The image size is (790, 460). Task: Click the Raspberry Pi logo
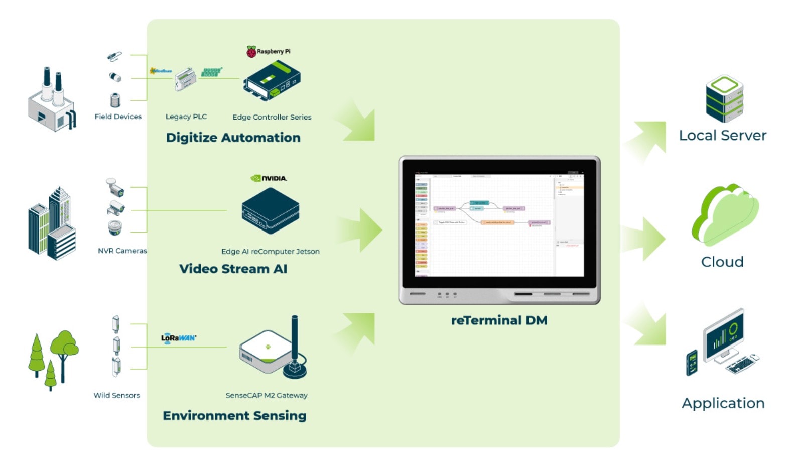[251, 51]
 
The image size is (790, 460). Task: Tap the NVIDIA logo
[269, 178]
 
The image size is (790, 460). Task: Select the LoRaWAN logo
[179, 337]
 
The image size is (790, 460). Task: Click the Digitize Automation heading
[233, 138]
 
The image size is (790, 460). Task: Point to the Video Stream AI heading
[233, 269]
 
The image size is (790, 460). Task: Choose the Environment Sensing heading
[234, 416]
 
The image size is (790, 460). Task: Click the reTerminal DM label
[499, 320]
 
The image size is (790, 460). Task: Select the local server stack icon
[724, 98]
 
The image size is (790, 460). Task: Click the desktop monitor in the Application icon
[723, 335]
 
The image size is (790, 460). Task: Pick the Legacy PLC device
[185, 79]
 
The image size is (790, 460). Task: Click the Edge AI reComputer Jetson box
[271, 210]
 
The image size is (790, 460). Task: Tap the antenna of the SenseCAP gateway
[295, 341]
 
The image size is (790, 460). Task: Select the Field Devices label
[118, 117]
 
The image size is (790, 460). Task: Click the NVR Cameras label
[122, 251]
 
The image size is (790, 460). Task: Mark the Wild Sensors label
[116, 395]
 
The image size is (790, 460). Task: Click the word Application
[723, 403]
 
